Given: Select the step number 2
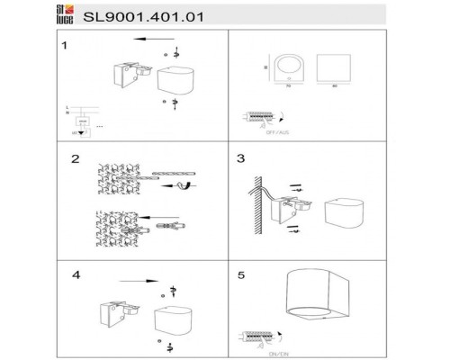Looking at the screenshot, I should [x=77, y=159].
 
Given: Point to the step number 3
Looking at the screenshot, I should [x=240, y=159].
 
